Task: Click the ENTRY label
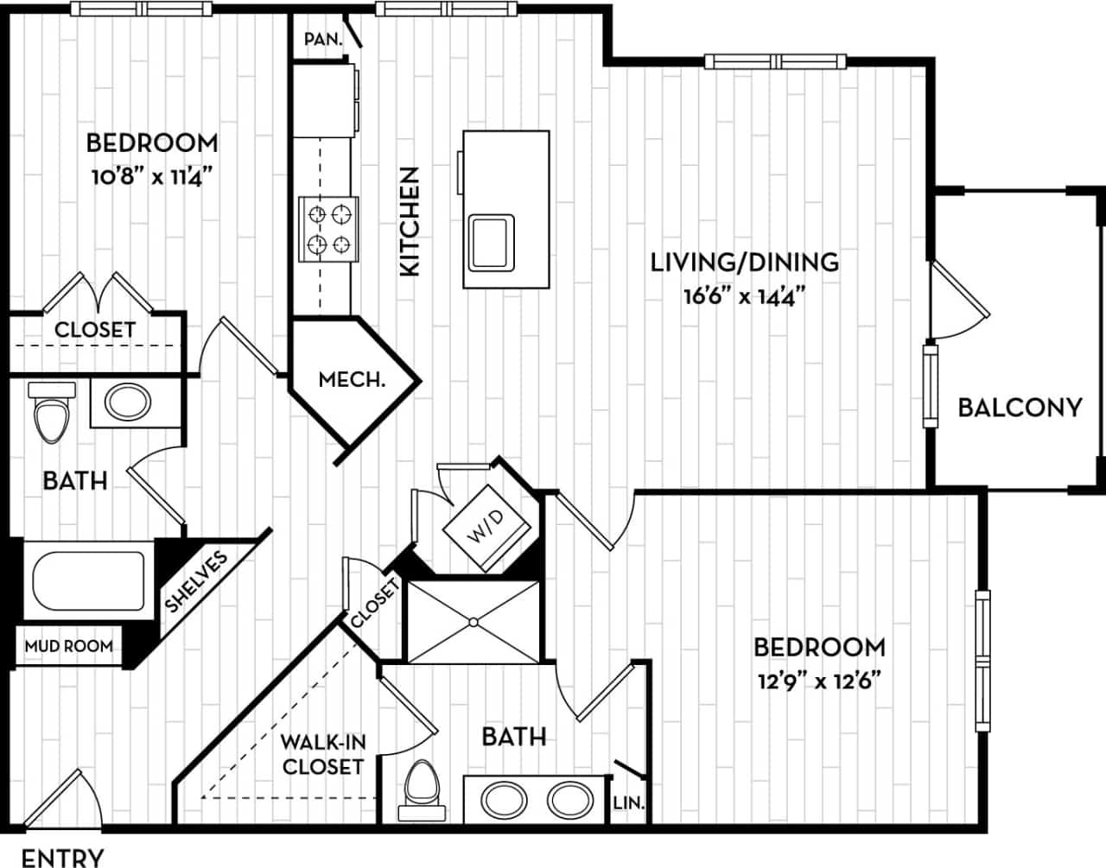click(62, 857)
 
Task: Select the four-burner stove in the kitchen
click(328, 229)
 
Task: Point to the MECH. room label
click(352, 379)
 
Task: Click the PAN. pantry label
click(323, 39)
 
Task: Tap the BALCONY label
click(1020, 407)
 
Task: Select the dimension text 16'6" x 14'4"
click(744, 296)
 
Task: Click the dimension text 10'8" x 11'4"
click(151, 178)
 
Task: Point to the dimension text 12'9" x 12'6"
click(818, 681)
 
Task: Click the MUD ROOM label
click(68, 645)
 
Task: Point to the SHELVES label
click(197, 582)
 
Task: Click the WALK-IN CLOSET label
click(323, 753)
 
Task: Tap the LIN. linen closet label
click(628, 802)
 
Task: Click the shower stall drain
click(474, 621)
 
